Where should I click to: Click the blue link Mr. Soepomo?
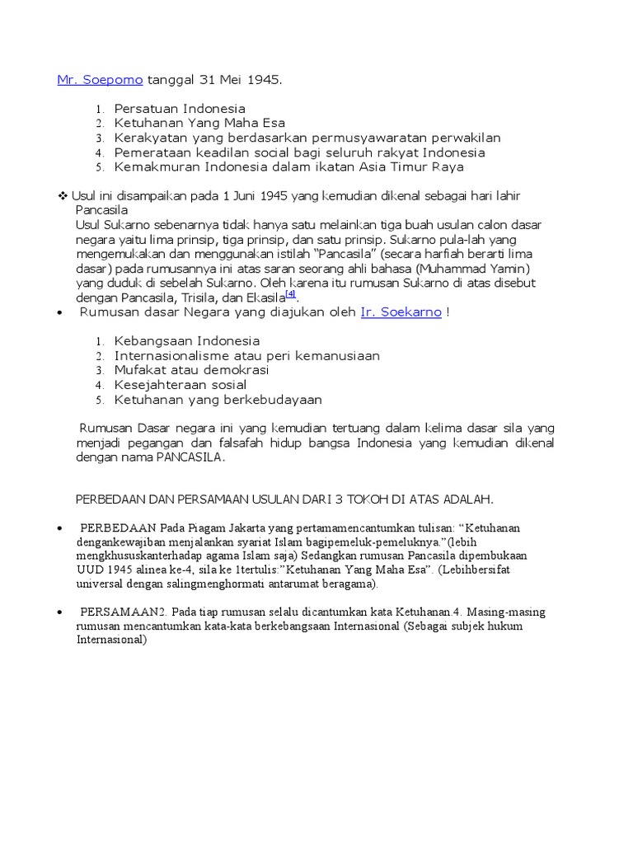100,80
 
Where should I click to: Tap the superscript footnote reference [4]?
290,293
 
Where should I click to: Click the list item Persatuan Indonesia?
180,108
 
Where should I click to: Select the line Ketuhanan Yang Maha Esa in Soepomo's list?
199,123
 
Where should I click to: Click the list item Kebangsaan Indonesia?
187,340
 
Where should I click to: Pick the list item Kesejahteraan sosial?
181,385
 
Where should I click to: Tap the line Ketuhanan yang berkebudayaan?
218,400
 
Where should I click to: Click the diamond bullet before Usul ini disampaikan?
62,195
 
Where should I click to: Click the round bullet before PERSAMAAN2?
61,612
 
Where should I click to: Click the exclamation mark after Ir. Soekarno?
448,312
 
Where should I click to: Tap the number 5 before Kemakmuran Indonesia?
98,168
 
